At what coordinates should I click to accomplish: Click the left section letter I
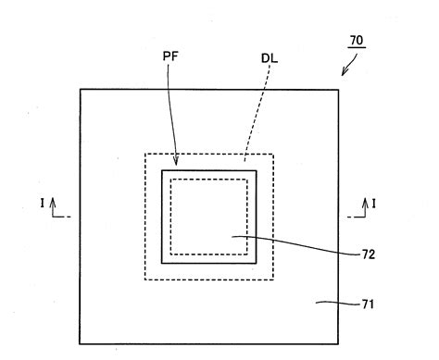pos(43,202)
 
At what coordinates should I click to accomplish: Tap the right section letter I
pos(374,202)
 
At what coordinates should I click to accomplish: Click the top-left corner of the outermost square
pos(80,89)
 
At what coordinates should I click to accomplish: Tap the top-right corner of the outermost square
pos(338,89)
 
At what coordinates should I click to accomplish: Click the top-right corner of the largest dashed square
pos(273,154)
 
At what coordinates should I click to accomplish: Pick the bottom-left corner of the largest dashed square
pos(144,279)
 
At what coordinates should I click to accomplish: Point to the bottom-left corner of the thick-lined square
pos(162,263)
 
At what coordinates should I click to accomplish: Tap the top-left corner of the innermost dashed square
pos(170,179)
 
